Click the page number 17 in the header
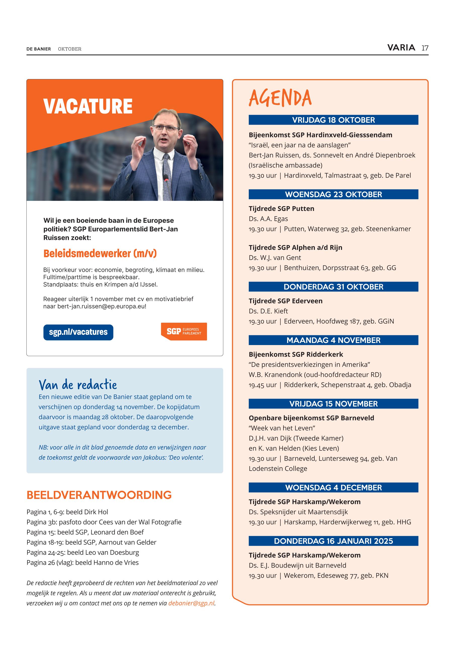coord(425,48)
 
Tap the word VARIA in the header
coord(401,48)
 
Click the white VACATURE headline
coord(88,106)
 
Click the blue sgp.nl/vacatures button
coord(78,332)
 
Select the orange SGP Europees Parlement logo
coord(184,331)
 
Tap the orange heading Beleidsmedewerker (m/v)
coord(100,253)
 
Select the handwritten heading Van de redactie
coord(78,385)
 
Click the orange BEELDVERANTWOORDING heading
coord(99,495)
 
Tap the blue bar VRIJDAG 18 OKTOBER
coord(333,120)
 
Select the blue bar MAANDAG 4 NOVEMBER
coord(333,340)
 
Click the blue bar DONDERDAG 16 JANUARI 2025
coord(333,541)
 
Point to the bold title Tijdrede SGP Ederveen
coord(285,301)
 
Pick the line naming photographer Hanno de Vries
coord(82,562)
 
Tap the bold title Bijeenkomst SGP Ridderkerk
coord(296,354)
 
